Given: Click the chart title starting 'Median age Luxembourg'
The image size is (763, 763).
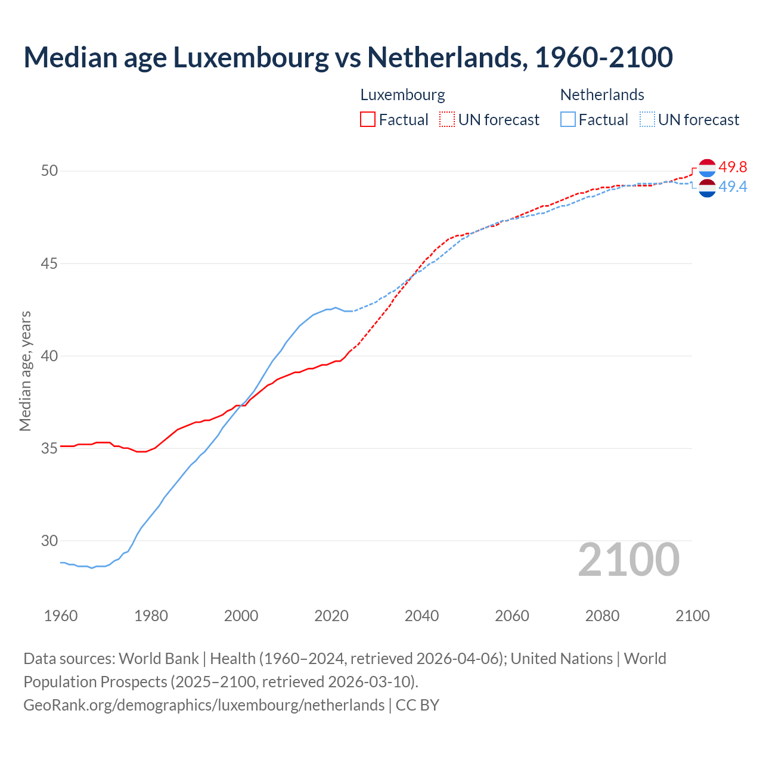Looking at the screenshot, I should coord(348,57).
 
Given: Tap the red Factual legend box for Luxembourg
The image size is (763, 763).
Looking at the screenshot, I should coord(368,120).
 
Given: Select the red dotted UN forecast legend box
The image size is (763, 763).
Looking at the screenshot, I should coord(447,120).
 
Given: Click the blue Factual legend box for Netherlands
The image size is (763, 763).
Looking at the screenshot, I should coord(568,120).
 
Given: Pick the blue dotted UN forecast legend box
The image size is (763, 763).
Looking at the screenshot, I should coord(647,120).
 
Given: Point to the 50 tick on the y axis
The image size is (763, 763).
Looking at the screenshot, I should coord(49,171).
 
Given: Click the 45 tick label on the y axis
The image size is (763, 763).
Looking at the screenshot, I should coord(49,263).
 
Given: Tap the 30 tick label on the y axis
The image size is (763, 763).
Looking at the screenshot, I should coord(49,541).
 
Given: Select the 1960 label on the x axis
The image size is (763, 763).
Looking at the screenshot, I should coord(61,616).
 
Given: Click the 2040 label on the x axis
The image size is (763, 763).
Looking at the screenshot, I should coord(421,616).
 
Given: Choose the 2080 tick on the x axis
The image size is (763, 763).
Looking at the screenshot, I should coord(602,616).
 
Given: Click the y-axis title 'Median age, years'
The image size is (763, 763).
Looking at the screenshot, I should coord(25,371).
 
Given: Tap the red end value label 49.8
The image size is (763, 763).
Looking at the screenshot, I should coord(733,168).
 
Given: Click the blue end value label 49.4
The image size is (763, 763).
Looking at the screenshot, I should coord(733,187).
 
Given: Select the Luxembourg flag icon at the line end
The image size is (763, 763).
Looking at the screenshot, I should coord(707,168).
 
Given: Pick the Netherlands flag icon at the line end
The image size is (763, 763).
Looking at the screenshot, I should coord(707,188).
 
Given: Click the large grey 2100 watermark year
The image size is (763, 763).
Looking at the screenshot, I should coord(628,559).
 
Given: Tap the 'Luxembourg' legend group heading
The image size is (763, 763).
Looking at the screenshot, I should coord(402,95).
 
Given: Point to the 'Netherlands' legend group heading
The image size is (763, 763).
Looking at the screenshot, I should coord(602,95).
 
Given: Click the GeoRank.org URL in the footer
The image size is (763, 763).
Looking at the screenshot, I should coord(204,705).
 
